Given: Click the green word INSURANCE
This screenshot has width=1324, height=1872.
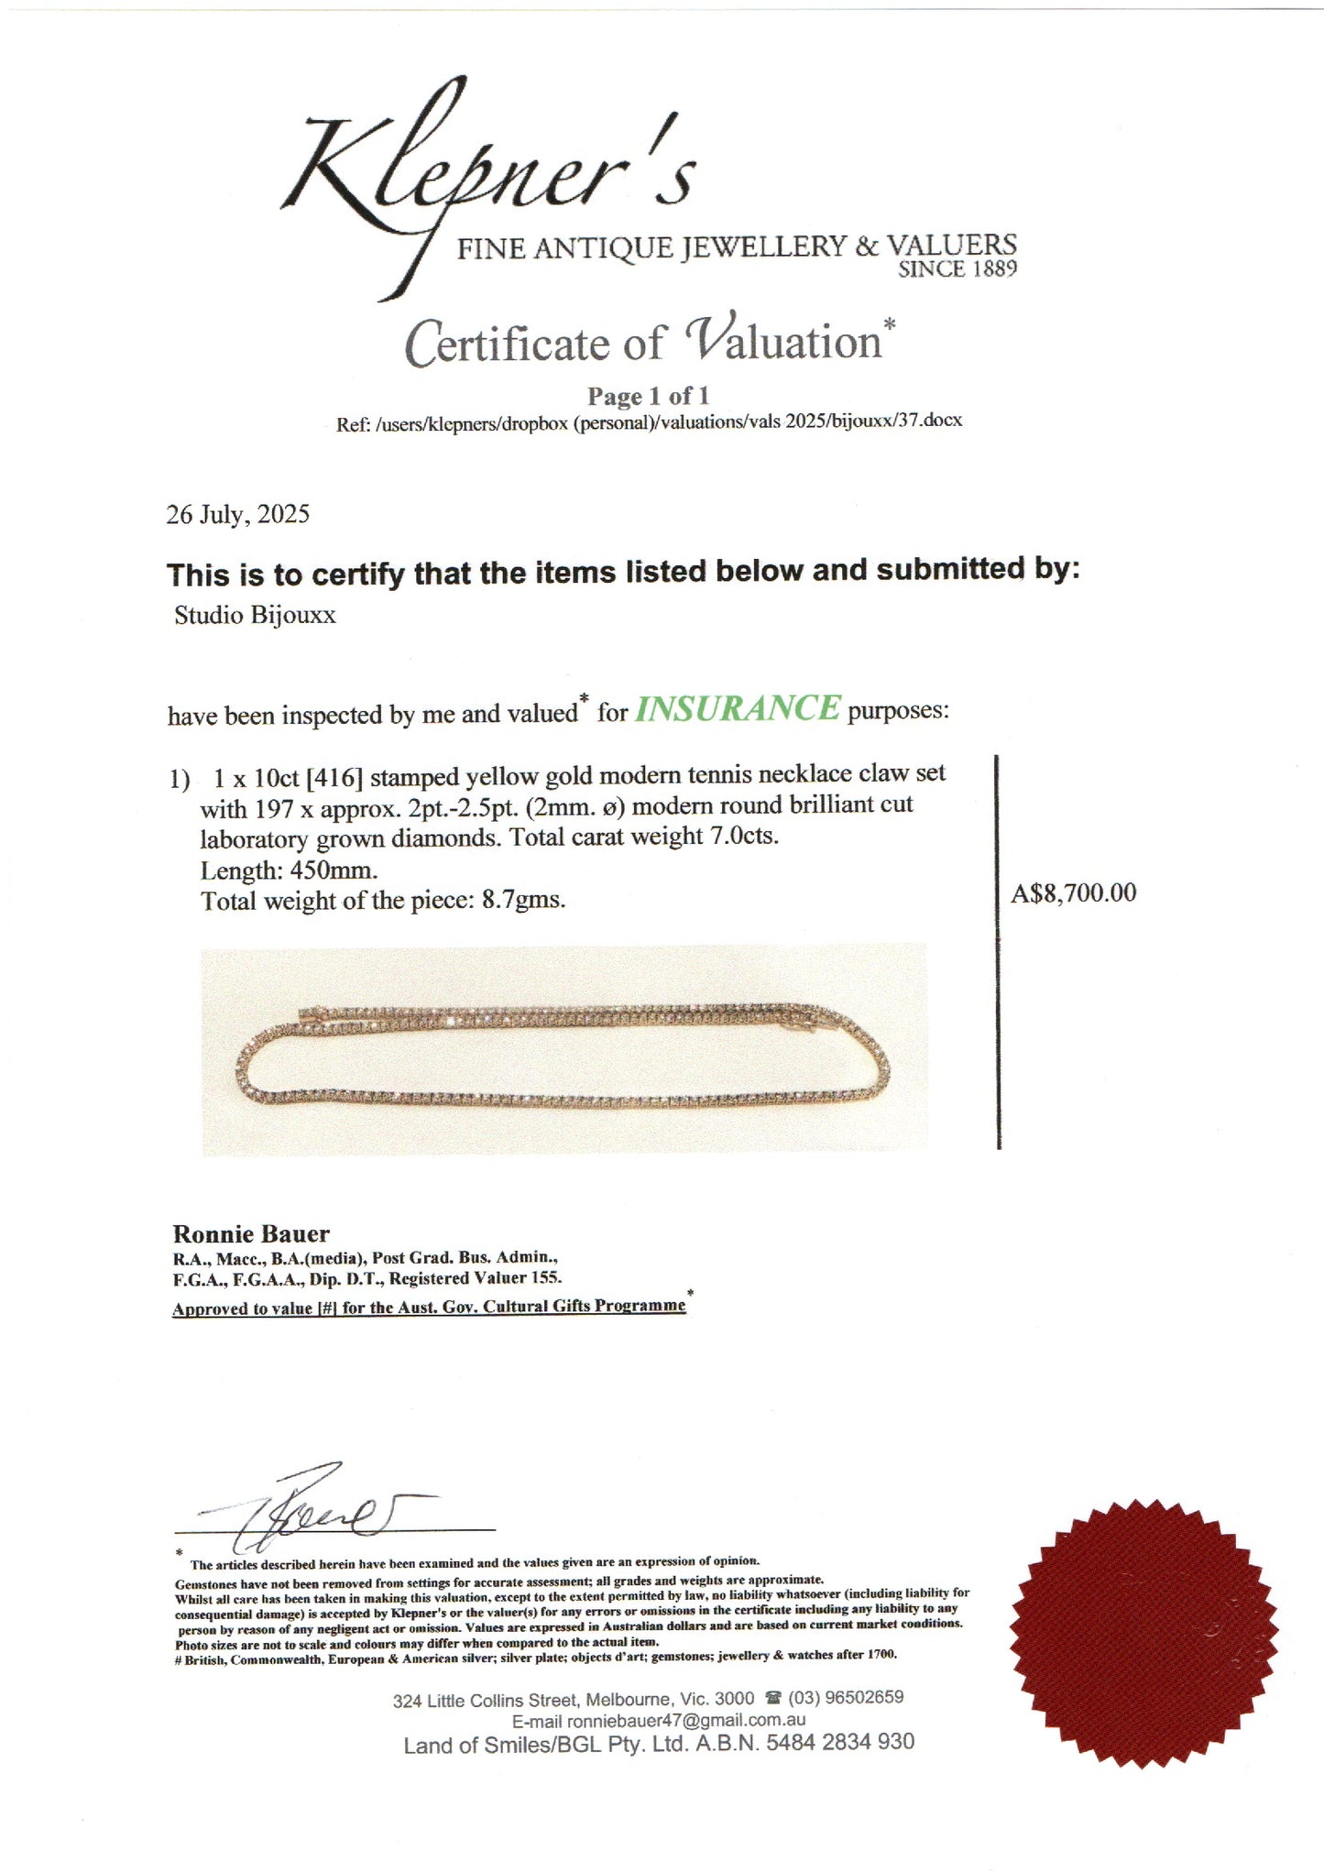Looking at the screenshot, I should pyautogui.click(x=737, y=709).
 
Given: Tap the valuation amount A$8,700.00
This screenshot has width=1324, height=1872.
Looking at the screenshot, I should pyautogui.click(x=1073, y=893).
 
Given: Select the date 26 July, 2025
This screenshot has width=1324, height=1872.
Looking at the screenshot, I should pyautogui.click(x=237, y=514).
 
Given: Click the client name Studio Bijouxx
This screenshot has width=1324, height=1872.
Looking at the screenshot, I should pyautogui.click(x=255, y=615).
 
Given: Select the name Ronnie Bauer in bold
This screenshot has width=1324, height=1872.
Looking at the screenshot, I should pyautogui.click(x=251, y=1233).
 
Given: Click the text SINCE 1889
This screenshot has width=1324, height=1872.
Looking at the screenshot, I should pyautogui.click(x=957, y=270).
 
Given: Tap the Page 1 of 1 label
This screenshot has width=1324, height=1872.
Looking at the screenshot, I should pyautogui.click(x=648, y=397).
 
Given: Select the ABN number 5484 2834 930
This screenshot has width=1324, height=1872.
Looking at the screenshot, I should pyautogui.click(x=840, y=1743).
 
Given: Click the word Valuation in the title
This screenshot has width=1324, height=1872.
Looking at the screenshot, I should pyautogui.click(x=783, y=342).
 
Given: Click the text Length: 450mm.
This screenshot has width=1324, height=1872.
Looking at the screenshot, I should pyautogui.click(x=289, y=870).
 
